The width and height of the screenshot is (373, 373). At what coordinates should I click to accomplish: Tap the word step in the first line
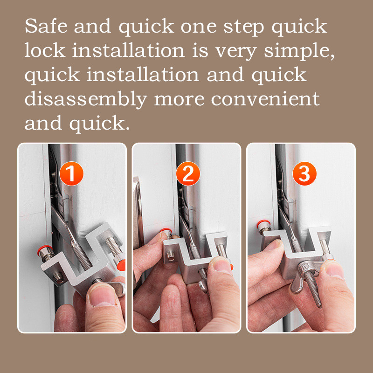[244, 27]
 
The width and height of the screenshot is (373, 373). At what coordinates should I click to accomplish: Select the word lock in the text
[45, 50]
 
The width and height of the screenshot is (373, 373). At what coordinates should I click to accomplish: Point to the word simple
[299, 51]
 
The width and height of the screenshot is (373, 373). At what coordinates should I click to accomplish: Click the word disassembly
[86, 100]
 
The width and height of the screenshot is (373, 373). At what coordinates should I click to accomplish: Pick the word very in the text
[236, 52]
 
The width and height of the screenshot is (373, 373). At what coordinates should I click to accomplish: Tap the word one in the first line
[199, 28]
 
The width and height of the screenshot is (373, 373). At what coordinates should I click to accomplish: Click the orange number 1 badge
[71, 173]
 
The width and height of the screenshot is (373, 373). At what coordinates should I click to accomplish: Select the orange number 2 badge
[188, 173]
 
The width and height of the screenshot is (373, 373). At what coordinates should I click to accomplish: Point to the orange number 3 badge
[304, 173]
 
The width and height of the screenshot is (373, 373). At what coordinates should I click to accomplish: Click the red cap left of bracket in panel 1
[44, 249]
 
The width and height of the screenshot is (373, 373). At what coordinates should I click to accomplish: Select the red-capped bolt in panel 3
[264, 227]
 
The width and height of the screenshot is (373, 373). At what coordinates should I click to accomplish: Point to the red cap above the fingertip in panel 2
[166, 230]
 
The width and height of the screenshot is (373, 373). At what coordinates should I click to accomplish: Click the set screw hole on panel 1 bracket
[58, 277]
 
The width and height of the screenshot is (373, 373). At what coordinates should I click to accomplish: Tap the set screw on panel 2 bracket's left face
[170, 256]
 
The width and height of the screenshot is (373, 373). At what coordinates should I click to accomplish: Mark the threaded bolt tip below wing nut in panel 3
[319, 305]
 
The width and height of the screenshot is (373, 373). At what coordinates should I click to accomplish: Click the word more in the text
[179, 100]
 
